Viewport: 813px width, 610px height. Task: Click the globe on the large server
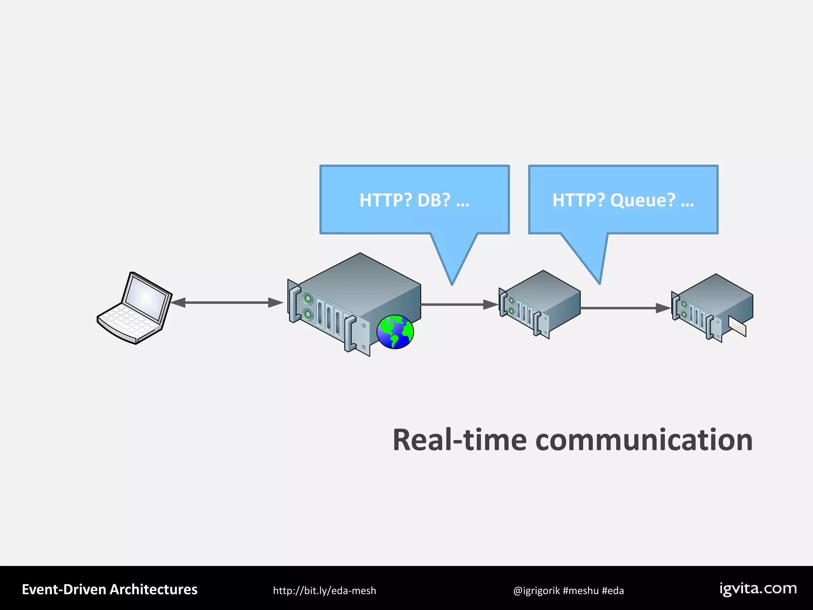click(395, 332)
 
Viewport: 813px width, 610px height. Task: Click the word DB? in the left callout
click(434, 200)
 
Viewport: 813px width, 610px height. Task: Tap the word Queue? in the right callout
click(642, 200)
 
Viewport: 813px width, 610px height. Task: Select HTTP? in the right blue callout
click(578, 200)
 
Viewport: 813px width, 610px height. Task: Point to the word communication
click(643, 440)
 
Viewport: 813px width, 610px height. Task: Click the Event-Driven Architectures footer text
click(110, 590)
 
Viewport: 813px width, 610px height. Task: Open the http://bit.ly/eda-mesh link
click(324, 591)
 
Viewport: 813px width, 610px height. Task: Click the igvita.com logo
click(758, 589)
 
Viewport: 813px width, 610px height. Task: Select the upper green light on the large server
click(308, 298)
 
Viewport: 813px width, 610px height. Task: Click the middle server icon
click(539, 304)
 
